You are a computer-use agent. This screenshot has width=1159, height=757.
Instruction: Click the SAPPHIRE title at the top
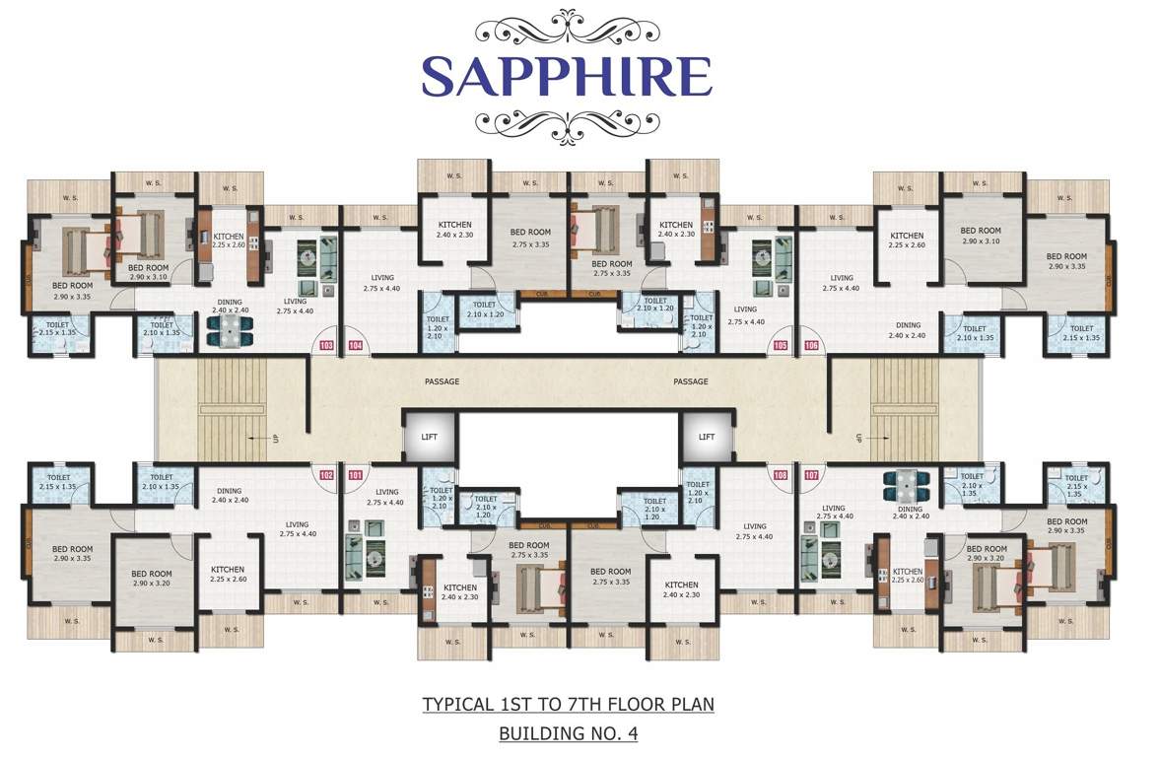pos(567,75)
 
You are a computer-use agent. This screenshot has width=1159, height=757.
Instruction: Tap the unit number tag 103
pos(326,346)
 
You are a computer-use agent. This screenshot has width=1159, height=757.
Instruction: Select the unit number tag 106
pos(811,346)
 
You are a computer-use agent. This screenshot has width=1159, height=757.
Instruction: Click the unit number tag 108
pos(782,474)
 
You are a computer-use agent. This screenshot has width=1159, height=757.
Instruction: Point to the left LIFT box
pos(431,436)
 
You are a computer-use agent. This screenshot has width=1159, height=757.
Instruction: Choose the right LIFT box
pos(706,436)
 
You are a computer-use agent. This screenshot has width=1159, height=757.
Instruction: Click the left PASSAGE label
pos(443,381)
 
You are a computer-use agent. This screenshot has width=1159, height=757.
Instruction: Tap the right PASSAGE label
pos(691,381)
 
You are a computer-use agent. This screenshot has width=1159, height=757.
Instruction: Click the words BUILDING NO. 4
pos(567,733)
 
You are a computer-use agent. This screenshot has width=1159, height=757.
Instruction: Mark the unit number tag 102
pos(326,474)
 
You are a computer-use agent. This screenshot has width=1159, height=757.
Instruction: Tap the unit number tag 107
pos(811,474)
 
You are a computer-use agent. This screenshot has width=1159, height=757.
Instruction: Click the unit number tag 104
pos(355,346)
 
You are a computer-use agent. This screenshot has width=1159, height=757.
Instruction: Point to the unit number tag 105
pos(782,346)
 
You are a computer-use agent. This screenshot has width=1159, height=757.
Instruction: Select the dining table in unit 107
pos(904,485)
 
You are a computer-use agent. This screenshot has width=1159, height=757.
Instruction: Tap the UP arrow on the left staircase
pos(259,437)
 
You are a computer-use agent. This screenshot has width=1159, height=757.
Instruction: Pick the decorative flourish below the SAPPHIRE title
pos(567,123)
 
